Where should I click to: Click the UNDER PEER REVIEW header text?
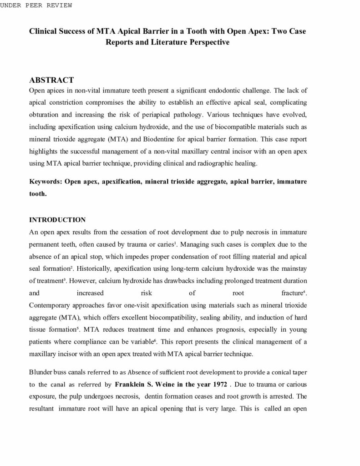36,5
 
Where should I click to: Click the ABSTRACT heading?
51,80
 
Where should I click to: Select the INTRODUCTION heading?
57,220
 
